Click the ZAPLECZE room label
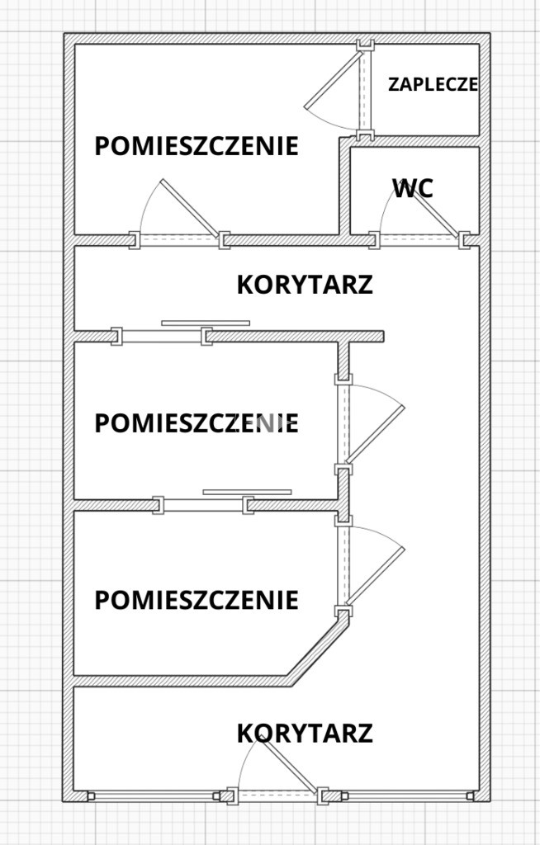pyautogui.click(x=433, y=85)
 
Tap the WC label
pyautogui.click(x=413, y=189)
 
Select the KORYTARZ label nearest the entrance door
pyautogui.click(x=305, y=734)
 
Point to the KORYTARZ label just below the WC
pyautogui.click(x=305, y=285)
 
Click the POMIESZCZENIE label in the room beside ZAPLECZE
pyautogui.click(x=197, y=146)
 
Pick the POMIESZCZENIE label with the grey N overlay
pyautogui.click(x=197, y=423)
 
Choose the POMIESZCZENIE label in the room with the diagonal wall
pyautogui.click(x=197, y=600)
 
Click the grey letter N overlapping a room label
pyautogui.click(x=266, y=423)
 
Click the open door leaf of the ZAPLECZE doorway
pyautogui.click(x=333, y=80)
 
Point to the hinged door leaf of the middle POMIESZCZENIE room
pyautogui.click(x=376, y=434)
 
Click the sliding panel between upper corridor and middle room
pyautogui.click(x=206, y=323)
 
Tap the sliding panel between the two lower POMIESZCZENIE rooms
pyautogui.click(x=247, y=492)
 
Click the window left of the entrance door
pyautogui.click(x=154, y=796)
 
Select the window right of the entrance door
pyautogui.click(x=407, y=796)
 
